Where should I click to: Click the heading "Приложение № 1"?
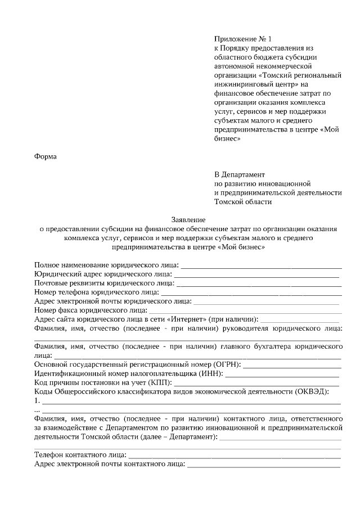tap(242, 39)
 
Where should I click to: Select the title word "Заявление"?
tap(188, 219)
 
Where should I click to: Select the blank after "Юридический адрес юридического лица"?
tap(256, 274)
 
